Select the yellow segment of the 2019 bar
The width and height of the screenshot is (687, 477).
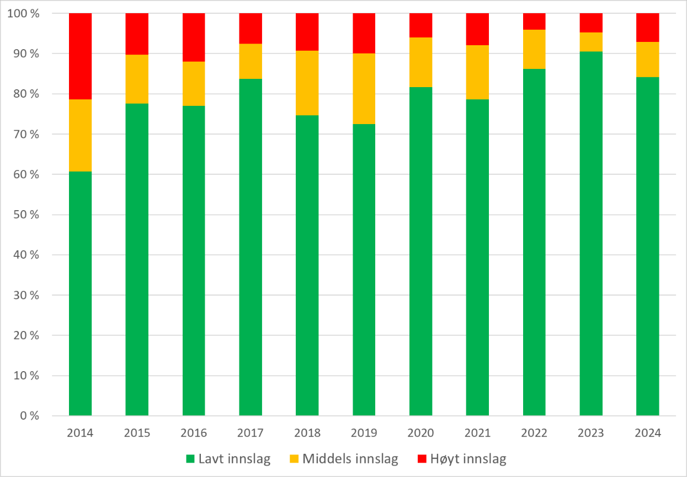(364, 89)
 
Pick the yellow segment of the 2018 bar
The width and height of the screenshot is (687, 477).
(307, 83)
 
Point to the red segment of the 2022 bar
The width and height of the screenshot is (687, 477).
(534, 21)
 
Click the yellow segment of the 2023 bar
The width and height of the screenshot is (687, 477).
(591, 42)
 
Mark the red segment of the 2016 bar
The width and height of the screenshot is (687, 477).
(194, 37)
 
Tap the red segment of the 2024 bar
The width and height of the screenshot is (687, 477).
(648, 28)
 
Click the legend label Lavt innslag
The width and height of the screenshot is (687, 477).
(235, 459)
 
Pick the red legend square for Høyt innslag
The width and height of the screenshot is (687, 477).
(422, 459)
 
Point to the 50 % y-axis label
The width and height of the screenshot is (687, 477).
(27, 215)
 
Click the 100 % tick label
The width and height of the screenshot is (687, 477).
(25, 13)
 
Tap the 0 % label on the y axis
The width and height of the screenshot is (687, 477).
(29, 416)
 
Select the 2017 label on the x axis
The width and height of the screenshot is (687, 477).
(251, 433)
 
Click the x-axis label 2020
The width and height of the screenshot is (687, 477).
(420, 433)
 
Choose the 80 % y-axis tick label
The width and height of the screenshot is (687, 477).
(27, 94)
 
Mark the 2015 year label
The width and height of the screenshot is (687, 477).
(137, 433)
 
